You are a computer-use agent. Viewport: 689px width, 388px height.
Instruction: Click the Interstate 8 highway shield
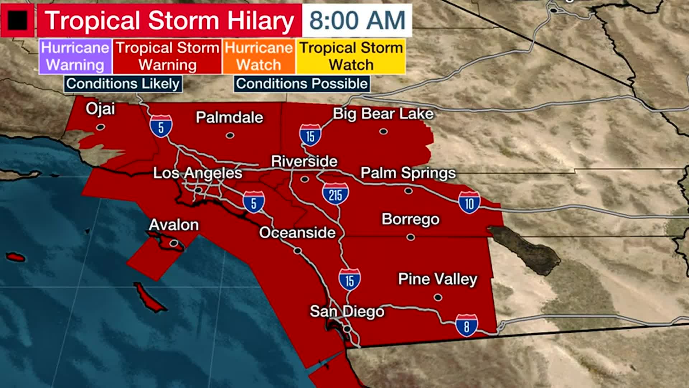467,325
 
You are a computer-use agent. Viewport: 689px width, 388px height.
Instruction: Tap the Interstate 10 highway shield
469,203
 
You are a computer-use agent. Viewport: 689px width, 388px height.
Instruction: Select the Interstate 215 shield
335,194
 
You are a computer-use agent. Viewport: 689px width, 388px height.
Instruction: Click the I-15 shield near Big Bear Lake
310,135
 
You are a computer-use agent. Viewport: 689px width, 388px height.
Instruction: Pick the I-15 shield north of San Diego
350,280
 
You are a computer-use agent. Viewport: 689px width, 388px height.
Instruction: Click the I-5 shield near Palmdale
161,126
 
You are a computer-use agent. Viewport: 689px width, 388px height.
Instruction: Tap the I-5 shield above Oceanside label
254,202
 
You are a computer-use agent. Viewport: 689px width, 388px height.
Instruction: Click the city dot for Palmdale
230,135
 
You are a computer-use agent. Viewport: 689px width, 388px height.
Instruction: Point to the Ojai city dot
100,127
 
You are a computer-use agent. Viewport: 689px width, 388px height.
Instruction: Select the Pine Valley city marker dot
438,297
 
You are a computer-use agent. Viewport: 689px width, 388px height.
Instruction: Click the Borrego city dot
411,237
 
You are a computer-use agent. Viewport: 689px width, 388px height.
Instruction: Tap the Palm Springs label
408,173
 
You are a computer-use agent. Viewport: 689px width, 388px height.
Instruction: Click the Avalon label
174,225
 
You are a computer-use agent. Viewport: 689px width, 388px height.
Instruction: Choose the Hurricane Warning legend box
75,56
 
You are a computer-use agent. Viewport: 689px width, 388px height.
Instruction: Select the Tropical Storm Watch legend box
351,56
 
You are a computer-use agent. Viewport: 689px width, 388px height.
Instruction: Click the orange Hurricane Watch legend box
259,56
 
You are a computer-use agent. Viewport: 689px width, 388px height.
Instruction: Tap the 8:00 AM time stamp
357,20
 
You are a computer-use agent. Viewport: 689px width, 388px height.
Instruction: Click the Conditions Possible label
302,84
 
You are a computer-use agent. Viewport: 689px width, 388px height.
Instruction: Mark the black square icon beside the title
17,20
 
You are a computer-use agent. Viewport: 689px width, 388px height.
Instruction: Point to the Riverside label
304,161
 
